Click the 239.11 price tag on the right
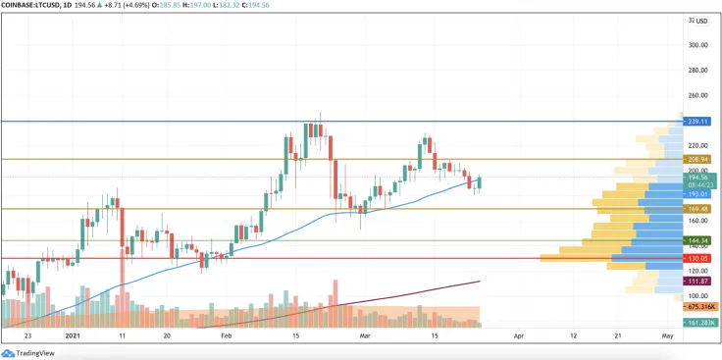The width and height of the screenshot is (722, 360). [697, 122]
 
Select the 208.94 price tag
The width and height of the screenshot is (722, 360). [697, 159]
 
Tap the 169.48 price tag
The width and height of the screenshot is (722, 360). [697, 209]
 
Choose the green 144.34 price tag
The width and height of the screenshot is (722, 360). [697, 240]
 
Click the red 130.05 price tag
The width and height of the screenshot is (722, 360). [697, 258]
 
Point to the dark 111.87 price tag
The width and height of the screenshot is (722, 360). [697, 281]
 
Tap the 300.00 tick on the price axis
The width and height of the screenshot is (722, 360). [697, 45]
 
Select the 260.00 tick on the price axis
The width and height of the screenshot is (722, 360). [697, 95]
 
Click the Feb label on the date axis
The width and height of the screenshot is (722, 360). [228, 335]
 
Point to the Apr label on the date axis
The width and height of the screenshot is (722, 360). [519, 335]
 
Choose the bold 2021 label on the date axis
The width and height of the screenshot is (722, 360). [73, 335]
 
